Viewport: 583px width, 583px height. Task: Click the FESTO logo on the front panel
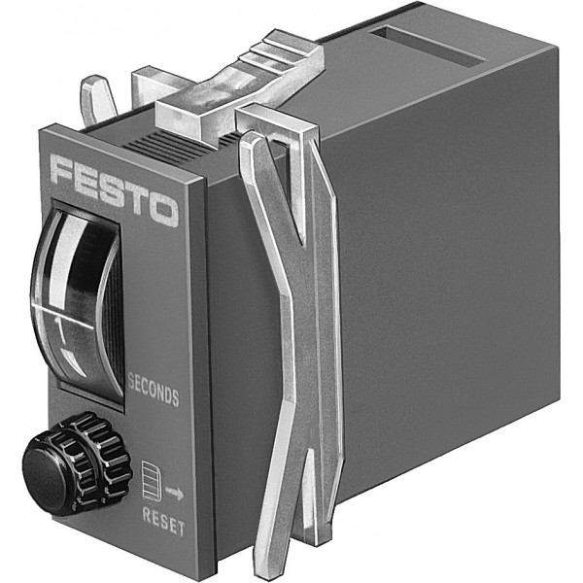pyautogui.click(x=114, y=190)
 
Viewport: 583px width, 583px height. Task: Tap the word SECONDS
pyautogui.click(x=154, y=390)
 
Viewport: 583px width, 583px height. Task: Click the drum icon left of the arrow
pyautogui.click(x=151, y=481)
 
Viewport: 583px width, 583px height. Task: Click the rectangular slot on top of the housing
pyautogui.click(x=428, y=46)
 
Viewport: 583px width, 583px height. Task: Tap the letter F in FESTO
pyautogui.click(x=64, y=170)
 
